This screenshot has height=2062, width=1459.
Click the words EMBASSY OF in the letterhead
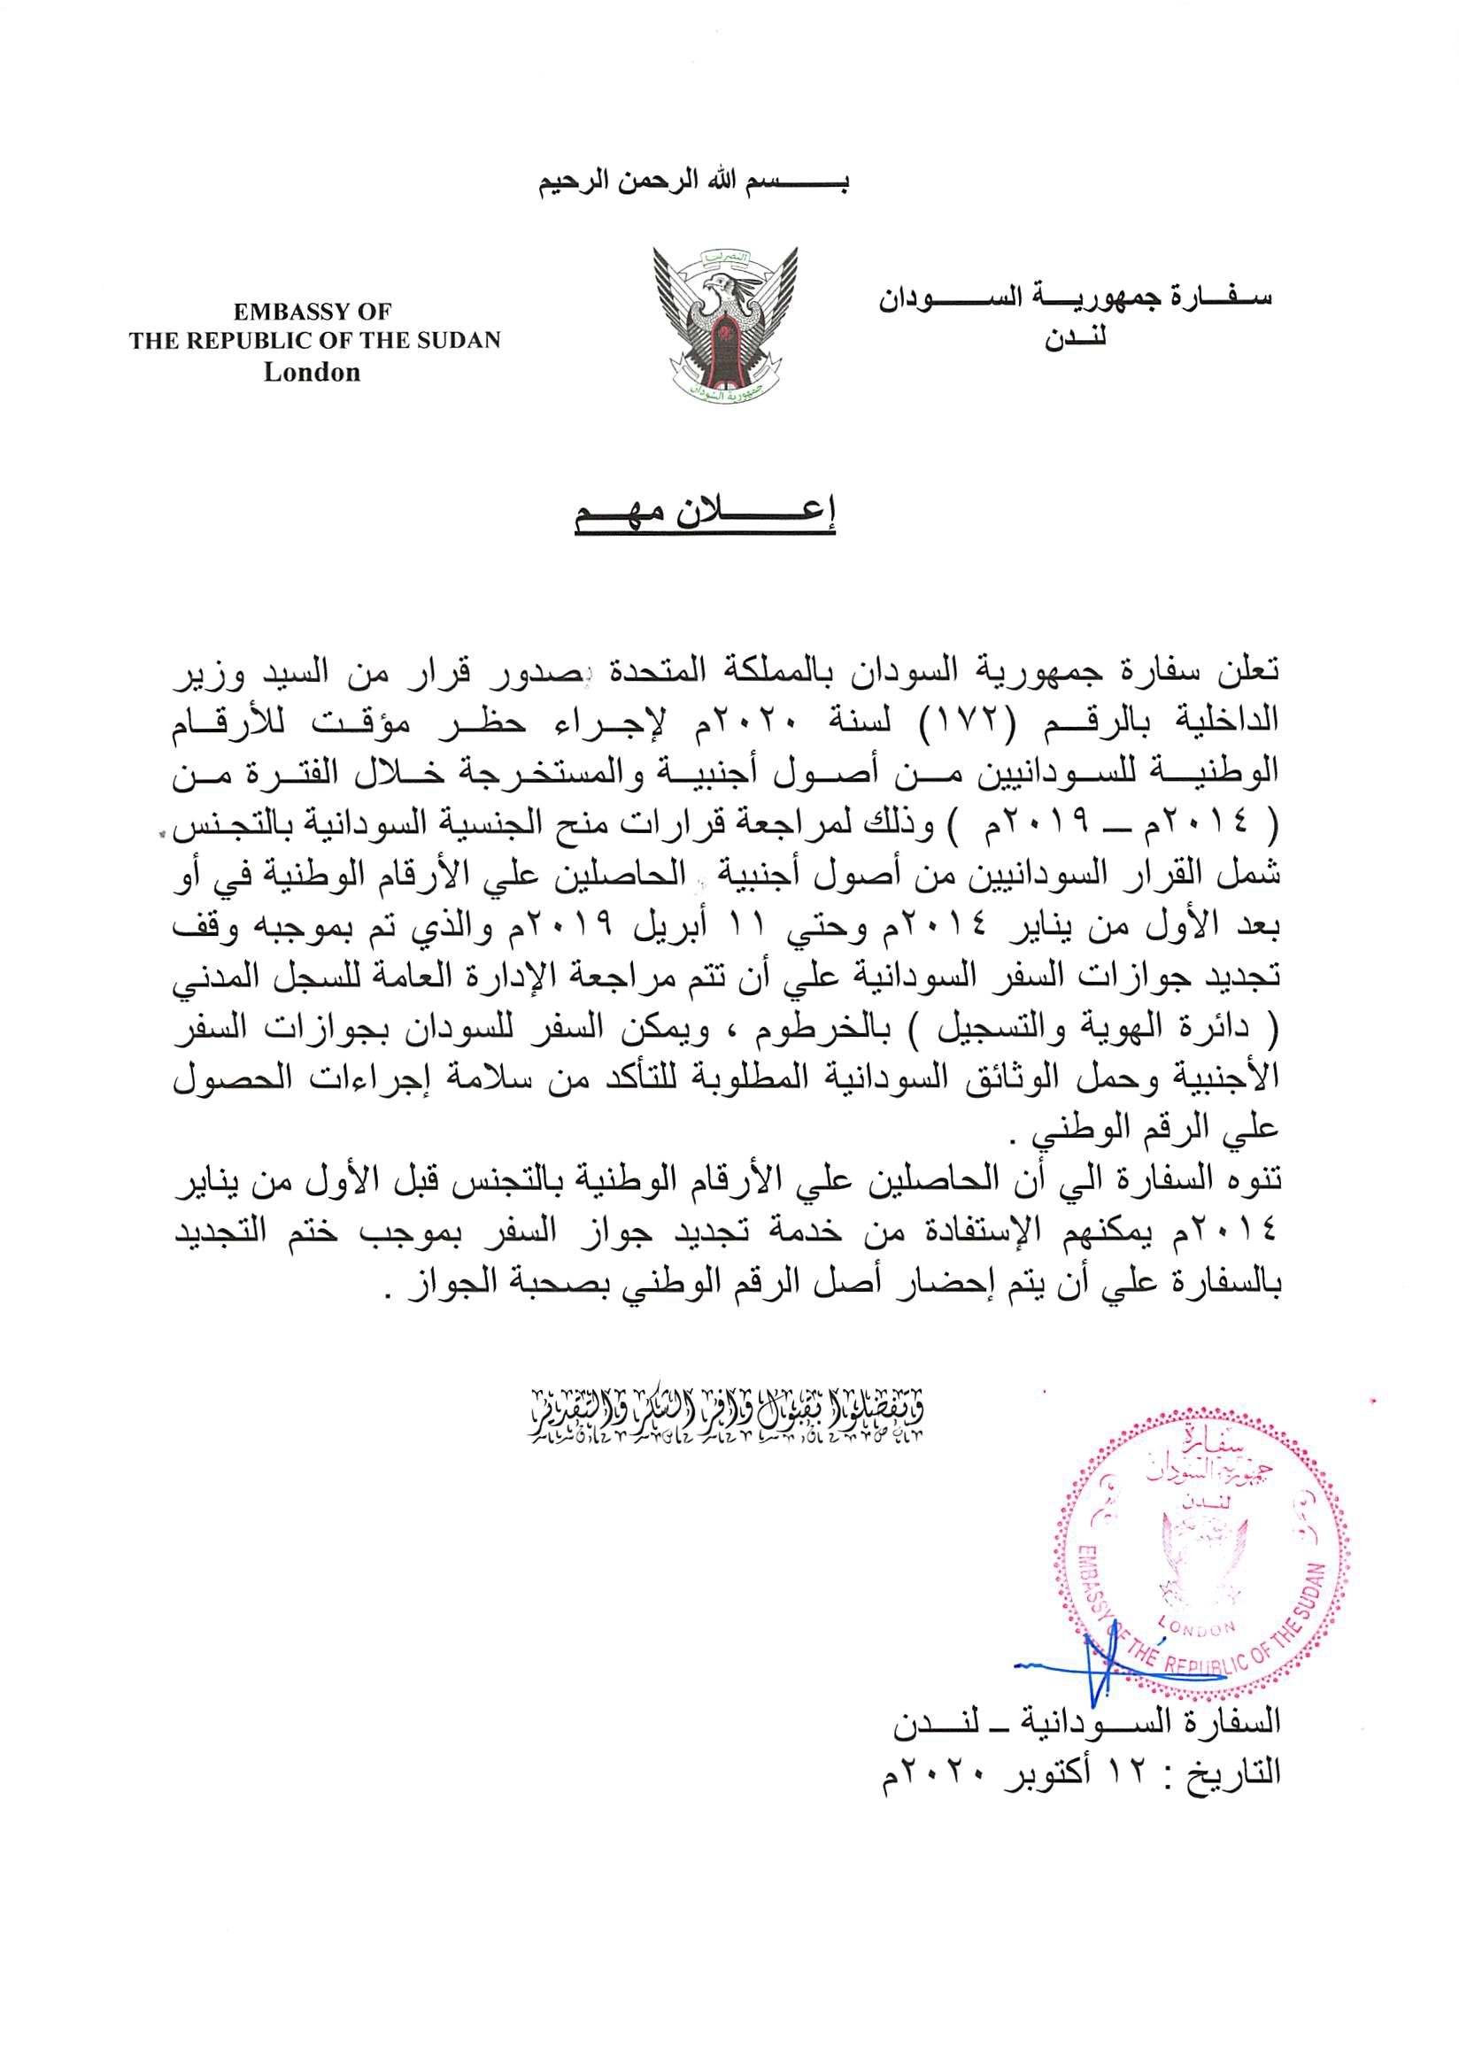tap(312, 312)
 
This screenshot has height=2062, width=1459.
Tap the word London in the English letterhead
tap(312, 372)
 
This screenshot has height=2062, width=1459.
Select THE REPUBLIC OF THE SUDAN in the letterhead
tap(314, 342)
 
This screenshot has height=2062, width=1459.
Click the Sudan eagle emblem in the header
tap(726, 324)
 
